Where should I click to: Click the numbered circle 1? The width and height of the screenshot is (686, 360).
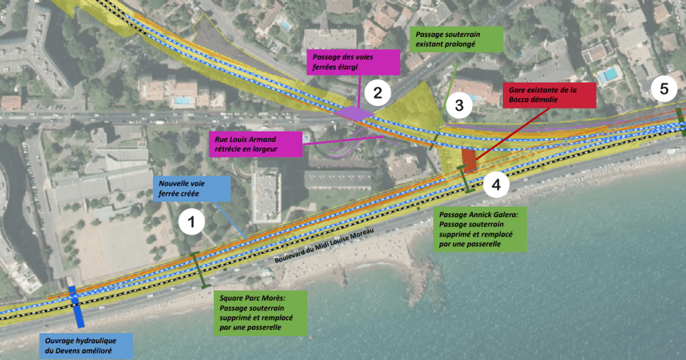[191, 222]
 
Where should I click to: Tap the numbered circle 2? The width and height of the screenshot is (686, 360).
[377, 93]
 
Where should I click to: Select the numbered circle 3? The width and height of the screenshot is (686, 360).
[459, 105]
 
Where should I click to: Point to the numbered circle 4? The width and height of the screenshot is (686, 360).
[496, 184]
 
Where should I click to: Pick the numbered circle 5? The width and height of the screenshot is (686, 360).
[664, 88]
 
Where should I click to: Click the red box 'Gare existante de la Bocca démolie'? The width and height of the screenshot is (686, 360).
[549, 95]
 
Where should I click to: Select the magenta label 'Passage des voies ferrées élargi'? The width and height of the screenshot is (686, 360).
[353, 62]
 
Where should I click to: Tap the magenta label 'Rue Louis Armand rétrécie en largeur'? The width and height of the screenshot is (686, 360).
[255, 144]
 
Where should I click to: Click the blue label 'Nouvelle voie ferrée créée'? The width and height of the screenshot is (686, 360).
[192, 188]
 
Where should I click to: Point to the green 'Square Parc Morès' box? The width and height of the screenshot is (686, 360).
[260, 313]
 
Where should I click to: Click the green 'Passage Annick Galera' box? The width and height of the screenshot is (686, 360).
[480, 229]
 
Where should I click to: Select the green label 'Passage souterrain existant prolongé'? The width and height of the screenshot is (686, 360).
[456, 40]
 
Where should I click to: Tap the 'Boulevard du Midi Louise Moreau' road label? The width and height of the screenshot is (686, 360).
[324, 245]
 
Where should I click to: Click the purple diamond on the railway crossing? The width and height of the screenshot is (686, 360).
[354, 114]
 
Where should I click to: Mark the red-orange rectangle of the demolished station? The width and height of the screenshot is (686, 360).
[469, 160]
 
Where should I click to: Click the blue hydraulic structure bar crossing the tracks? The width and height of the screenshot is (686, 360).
[76, 306]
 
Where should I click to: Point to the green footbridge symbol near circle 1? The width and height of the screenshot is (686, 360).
[200, 270]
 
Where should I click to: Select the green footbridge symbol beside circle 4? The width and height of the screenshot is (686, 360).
[465, 179]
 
